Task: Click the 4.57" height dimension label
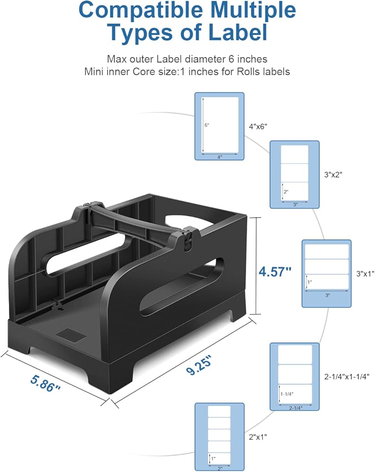click(x=275, y=271)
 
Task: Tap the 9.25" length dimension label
click(x=199, y=364)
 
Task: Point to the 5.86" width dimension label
click(x=45, y=383)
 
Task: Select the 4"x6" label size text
click(x=258, y=126)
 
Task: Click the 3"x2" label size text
click(x=333, y=174)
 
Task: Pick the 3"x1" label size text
click(x=365, y=274)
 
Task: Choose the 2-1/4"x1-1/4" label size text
click(x=347, y=376)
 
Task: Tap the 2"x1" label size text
click(x=258, y=437)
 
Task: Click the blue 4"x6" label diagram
click(x=219, y=126)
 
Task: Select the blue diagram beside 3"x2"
click(x=294, y=174)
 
